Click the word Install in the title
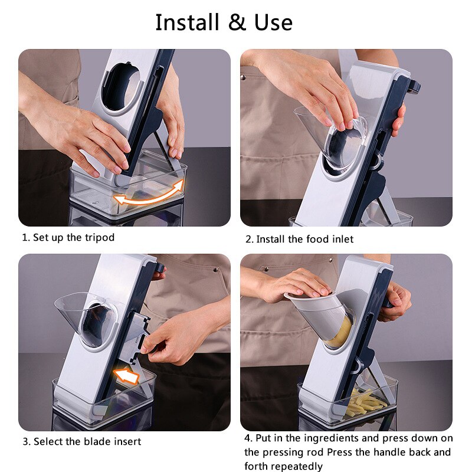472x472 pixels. [x=187, y=22]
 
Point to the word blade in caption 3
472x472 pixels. [x=100, y=441]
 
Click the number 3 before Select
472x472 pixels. [x=25, y=441]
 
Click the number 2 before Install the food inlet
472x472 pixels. [x=249, y=239]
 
